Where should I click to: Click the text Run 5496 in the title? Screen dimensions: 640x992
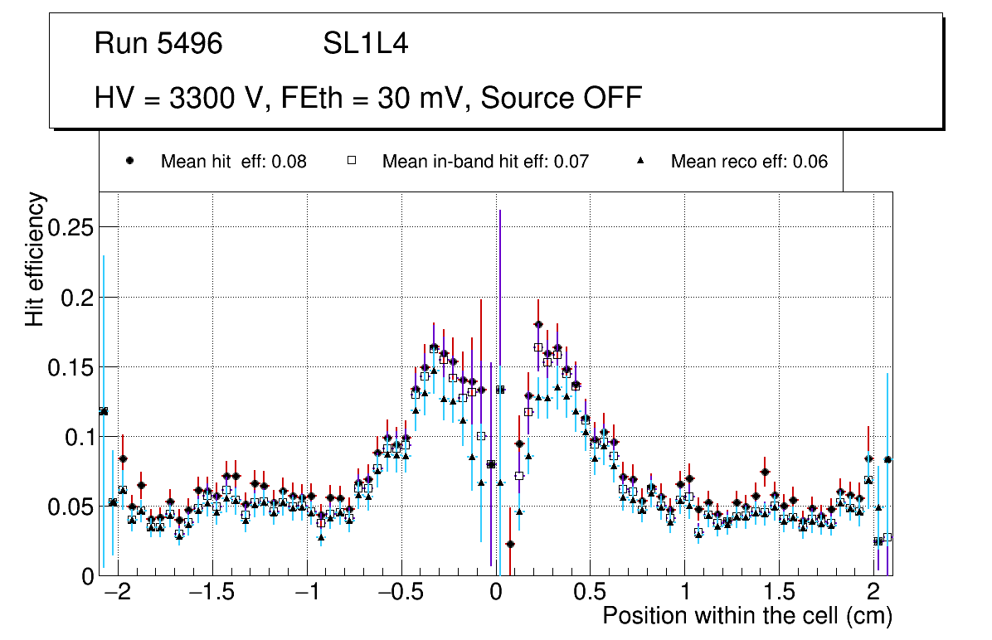click(158, 44)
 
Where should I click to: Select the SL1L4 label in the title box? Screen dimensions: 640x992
click(365, 44)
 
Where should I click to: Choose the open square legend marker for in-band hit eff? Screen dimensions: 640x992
click(351, 162)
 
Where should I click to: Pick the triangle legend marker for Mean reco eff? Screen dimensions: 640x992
click(640, 162)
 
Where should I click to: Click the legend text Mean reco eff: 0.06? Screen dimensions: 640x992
click(749, 162)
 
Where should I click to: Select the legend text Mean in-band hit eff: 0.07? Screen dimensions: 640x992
click(485, 162)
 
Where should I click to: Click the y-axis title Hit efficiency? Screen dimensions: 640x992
click(36, 259)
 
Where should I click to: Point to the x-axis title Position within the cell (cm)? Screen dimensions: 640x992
click(746, 616)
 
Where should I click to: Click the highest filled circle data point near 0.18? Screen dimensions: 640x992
click(538, 324)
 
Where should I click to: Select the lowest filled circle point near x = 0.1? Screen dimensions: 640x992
click(510, 544)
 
